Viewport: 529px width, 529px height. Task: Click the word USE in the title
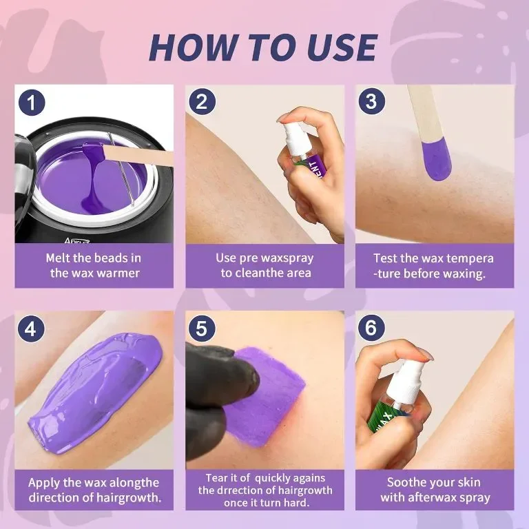[x=342, y=47]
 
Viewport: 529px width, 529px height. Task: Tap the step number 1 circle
[x=32, y=102]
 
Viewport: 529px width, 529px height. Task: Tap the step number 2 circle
[x=202, y=101]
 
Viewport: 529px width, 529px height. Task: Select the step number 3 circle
[x=372, y=101]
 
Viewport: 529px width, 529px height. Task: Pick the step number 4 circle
[x=31, y=329]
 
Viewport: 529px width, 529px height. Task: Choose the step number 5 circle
[x=201, y=329]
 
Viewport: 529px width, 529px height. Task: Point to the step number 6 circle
[x=371, y=328]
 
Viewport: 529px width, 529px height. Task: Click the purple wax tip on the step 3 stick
[x=437, y=160]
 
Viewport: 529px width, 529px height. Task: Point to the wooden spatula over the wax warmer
[x=138, y=155]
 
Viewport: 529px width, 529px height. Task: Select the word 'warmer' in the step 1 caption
[x=118, y=273]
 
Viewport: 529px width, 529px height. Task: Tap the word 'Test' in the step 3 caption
[x=384, y=258]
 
